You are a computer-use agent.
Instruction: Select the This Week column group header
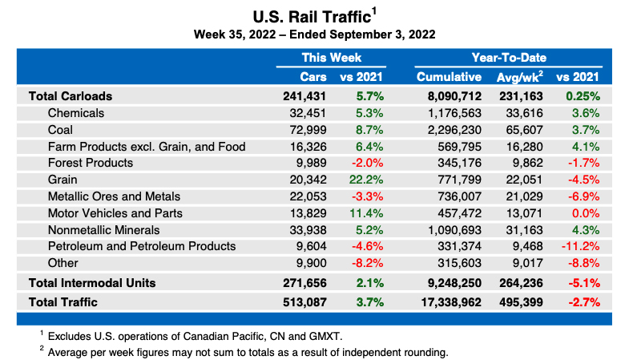[331, 58]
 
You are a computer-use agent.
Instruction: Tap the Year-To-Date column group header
[509, 58]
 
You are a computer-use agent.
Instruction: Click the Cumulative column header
[449, 77]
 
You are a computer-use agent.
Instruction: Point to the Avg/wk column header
[519, 77]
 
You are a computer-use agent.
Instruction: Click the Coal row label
[62, 129]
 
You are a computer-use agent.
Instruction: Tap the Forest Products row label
[91, 163]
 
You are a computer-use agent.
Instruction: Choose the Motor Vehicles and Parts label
[115, 213]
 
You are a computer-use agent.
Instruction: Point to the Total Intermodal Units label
[92, 282]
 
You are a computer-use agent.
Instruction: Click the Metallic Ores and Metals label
[114, 196]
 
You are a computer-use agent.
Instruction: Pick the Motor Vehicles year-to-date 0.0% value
[587, 213]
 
